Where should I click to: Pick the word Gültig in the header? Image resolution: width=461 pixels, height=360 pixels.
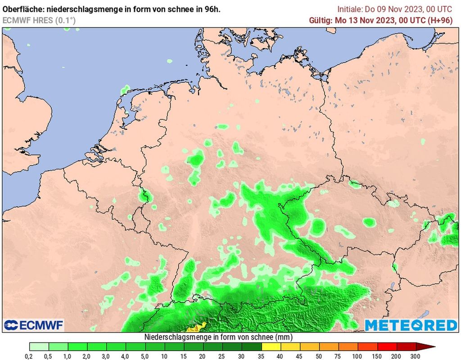click(320, 20)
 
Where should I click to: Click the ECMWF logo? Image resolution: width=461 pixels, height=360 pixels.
click(34, 325)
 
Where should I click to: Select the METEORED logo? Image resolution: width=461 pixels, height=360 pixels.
click(410, 325)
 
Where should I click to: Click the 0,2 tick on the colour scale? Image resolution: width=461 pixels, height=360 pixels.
click(30, 356)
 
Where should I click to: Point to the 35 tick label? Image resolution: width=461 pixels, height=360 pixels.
click(262, 356)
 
